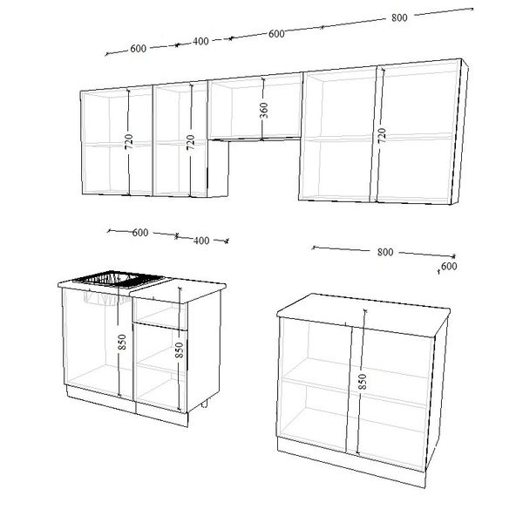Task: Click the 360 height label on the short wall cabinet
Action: pos(264,111)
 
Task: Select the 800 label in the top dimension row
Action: pos(399,17)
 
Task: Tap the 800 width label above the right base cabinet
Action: pos(385,252)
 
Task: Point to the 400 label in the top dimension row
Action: pos(200,41)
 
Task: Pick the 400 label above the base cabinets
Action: pos(201,241)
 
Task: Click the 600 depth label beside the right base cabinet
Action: pos(449,266)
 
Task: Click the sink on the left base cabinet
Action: pos(119,280)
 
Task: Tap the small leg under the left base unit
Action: pos(205,404)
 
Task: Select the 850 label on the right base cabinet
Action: pos(362,382)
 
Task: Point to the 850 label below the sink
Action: pos(122,342)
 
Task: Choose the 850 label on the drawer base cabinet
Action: pos(179,350)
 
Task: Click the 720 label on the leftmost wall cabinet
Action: pos(129,141)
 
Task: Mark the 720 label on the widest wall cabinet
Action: pos(382,135)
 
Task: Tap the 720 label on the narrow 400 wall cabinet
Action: pos(190,142)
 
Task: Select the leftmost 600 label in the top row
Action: pos(138,49)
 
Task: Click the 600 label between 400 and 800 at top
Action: pos(276,34)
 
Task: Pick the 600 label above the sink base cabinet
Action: pos(140,233)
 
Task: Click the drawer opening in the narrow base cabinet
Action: pos(160,314)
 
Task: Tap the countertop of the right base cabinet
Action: pos(363,314)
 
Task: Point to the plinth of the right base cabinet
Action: pos(351,463)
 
